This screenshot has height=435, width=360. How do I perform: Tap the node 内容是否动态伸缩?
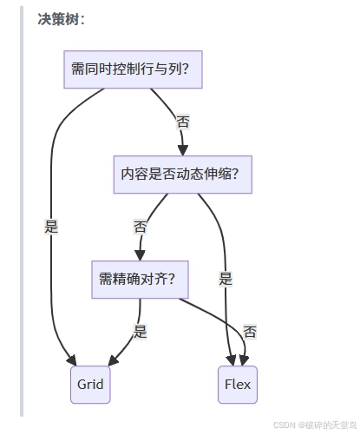click(182, 174)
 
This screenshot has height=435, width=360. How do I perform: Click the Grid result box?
click(90, 384)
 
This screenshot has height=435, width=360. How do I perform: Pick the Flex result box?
click(238, 384)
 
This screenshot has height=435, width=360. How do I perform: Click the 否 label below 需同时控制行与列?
click(182, 122)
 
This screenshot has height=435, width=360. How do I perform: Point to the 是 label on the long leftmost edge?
click(51, 227)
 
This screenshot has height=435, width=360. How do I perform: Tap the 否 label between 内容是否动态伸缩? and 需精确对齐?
click(141, 227)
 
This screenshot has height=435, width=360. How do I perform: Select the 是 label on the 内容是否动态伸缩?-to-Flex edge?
click(226, 279)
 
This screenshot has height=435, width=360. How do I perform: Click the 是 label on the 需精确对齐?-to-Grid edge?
click(141, 331)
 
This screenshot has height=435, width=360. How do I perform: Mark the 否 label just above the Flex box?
click(250, 332)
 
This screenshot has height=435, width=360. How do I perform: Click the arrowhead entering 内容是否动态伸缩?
click(183, 150)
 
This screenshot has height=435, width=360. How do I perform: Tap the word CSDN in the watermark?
click(285, 425)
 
